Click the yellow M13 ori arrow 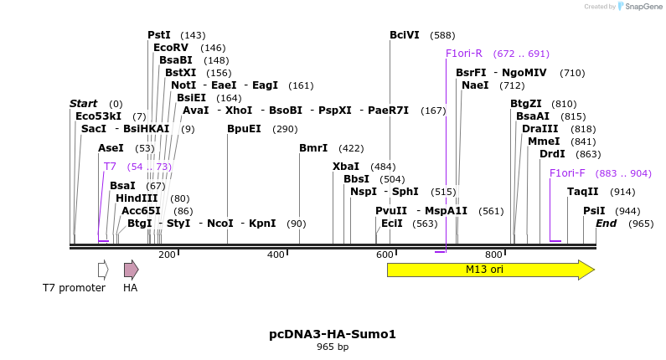[x=490, y=270]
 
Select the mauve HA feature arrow [x=131, y=270]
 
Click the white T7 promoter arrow [x=103, y=270]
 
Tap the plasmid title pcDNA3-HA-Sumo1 [x=333, y=334]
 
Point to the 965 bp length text [x=333, y=347]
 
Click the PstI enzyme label [x=159, y=35]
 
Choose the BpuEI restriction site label [x=244, y=129]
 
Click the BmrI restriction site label [x=313, y=148]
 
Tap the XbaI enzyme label [x=346, y=167]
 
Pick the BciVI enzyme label [x=405, y=35]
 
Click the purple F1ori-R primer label [x=464, y=54]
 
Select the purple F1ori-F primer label [x=567, y=173]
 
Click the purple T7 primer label [x=110, y=167]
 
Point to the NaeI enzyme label [x=475, y=85]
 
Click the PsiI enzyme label [x=594, y=211]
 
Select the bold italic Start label [x=84, y=104]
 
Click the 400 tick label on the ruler [x=276, y=255]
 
